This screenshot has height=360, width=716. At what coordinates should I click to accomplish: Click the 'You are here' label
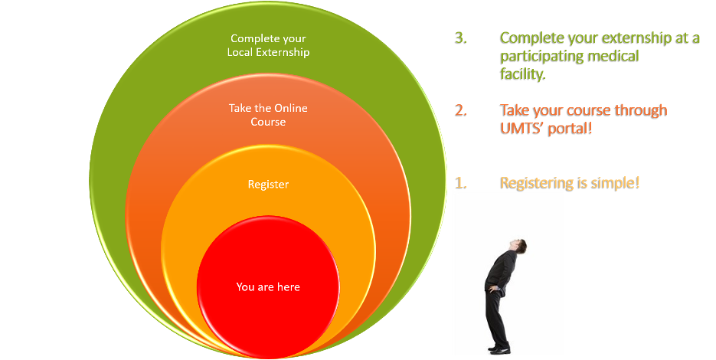[x=268, y=287]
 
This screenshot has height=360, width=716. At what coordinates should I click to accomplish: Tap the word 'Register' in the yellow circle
[x=268, y=185]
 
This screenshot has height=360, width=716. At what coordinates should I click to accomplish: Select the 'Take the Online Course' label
[x=268, y=115]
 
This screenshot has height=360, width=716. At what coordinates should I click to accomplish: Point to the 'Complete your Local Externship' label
[x=268, y=45]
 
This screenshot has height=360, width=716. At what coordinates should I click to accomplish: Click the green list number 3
[x=461, y=38]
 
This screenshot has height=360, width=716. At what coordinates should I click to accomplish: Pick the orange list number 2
[x=461, y=110]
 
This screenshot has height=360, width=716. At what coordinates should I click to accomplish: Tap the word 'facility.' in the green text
[x=523, y=74]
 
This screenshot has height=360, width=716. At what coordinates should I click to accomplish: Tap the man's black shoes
[x=500, y=349]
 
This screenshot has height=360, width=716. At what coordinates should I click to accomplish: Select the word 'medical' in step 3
[x=613, y=56]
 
